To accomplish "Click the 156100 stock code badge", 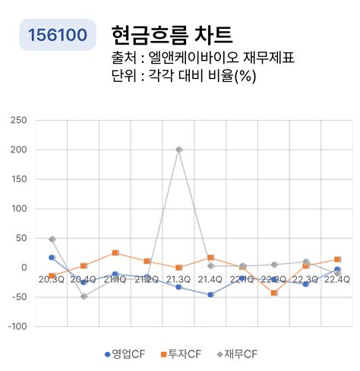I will click(58, 35).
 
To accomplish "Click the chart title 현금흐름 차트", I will click(171, 34).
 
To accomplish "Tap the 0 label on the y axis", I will click(24, 267).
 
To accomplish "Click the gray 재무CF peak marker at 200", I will click(178, 149).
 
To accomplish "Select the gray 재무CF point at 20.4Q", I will click(84, 296).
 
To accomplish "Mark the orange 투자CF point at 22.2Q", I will click(273, 292).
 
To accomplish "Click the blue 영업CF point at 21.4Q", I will click(210, 294).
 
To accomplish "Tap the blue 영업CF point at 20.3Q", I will click(52, 257).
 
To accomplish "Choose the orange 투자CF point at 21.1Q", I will click(115, 253).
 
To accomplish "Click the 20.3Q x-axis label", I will click(52, 279).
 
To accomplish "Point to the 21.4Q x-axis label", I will click(210, 279).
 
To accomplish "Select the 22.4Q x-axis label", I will click(336, 279).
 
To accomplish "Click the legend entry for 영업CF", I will click(125, 354).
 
